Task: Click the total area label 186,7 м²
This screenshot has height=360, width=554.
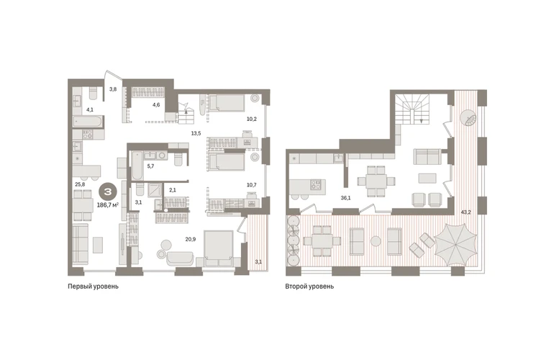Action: click(108, 204)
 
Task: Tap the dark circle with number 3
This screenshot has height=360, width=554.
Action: click(108, 192)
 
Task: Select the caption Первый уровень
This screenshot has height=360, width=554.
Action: click(94, 287)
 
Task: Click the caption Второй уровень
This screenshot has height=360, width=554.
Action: click(309, 287)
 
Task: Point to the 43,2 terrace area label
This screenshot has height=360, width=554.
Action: click(466, 212)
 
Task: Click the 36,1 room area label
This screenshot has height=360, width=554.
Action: click(345, 198)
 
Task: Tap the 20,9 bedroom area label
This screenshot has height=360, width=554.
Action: click(191, 240)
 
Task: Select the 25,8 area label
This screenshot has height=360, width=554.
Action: click(80, 184)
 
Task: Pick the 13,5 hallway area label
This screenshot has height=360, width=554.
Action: click(196, 133)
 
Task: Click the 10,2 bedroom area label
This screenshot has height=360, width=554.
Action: click(252, 120)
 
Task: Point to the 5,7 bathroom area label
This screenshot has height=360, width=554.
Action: click(150, 166)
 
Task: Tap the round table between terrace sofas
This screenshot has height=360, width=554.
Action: click(376, 241)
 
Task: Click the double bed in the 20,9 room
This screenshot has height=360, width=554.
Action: click(218, 248)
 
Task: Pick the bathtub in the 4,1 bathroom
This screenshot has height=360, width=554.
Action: click(88, 122)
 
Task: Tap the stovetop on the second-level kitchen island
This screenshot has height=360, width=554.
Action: click(316, 185)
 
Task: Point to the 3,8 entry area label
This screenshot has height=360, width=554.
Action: click(113, 89)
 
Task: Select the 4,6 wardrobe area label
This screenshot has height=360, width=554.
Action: click(156, 104)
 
